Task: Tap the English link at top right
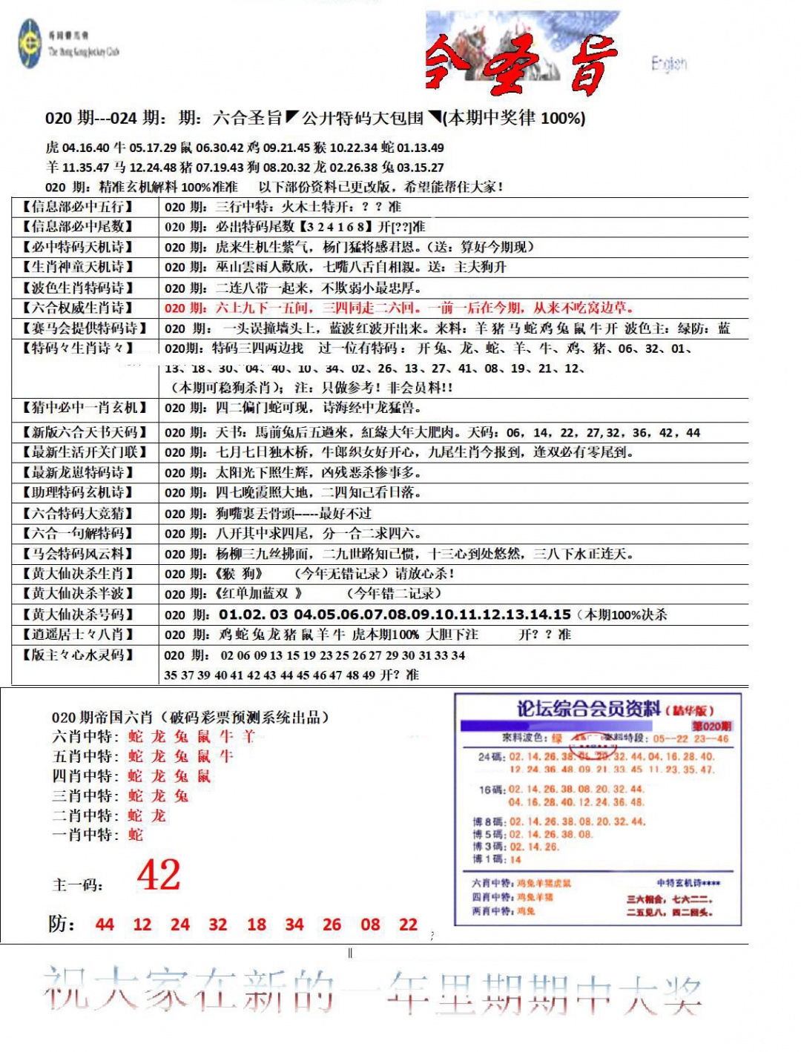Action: pos(669,64)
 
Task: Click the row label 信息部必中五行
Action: pos(78,207)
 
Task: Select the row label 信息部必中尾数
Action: pos(78,227)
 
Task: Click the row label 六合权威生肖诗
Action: pos(78,308)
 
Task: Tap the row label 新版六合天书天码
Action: pos(84,432)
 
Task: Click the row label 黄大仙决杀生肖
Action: pos(78,574)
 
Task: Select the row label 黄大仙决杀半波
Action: pos(78,594)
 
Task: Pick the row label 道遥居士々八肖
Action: pos(78,635)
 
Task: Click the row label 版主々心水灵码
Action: pos(78,655)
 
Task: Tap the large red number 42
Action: pos(159,876)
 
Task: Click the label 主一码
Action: pos(77,885)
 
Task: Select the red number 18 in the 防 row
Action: pos(257,924)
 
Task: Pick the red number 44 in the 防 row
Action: pos(105,924)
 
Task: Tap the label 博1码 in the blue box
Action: pos(489,859)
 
